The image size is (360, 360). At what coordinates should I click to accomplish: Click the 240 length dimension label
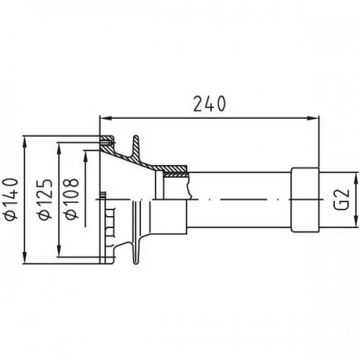210,104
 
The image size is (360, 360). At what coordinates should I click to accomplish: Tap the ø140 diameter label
12,199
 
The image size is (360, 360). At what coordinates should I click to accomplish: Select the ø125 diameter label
45,199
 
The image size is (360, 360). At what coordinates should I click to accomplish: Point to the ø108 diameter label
72,199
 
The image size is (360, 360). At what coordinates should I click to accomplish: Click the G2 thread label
341,200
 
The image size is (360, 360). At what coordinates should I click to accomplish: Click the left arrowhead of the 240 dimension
106,118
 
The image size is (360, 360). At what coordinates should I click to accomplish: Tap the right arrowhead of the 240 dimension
313,118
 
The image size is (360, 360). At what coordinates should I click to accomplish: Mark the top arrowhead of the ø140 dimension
25,142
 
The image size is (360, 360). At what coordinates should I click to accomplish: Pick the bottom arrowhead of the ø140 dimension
25,258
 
